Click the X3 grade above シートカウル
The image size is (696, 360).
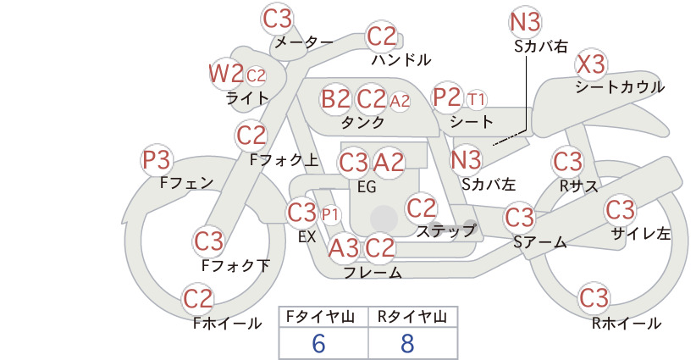click(591, 65)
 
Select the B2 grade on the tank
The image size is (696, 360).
click(335, 98)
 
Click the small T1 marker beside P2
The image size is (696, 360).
click(477, 99)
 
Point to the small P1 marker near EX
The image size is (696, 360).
click(330, 215)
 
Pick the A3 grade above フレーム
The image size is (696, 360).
click(343, 247)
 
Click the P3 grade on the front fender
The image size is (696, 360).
click(157, 160)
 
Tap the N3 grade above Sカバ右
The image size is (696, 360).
click(525, 22)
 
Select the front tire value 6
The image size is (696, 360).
click(318, 343)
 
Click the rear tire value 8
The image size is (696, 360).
click(407, 343)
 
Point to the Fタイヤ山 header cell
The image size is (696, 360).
click(320, 317)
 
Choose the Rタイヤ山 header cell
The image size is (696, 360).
click(412, 317)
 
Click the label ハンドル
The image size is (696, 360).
click(400, 59)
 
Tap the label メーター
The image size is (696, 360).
click(304, 42)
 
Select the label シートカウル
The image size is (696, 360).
click(620, 87)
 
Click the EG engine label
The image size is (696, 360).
click(367, 187)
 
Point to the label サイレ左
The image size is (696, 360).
click(641, 234)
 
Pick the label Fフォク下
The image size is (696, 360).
click(235, 265)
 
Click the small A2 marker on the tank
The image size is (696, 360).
click(400, 101)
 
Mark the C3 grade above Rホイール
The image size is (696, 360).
click(594, 298)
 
